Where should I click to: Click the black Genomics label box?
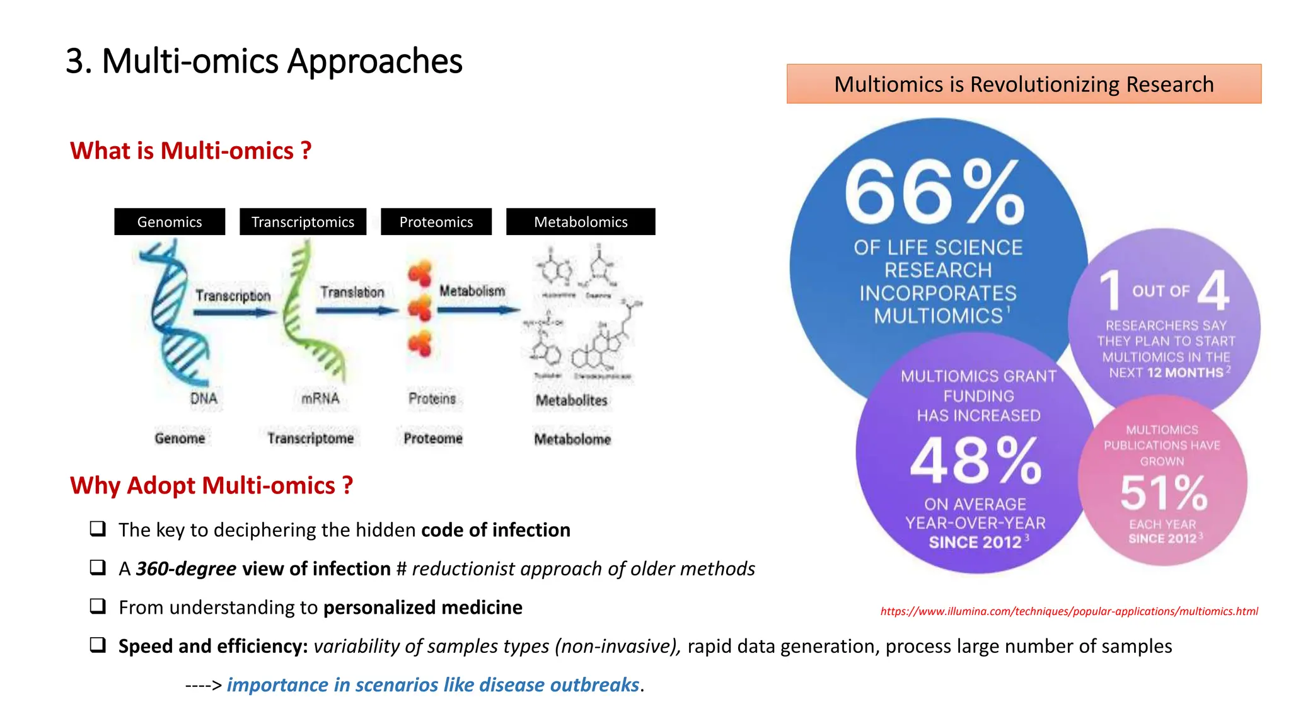170,222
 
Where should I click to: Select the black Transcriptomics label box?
303,222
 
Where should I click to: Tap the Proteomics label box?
436,222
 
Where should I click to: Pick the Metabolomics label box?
581,222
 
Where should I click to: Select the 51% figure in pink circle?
1164,493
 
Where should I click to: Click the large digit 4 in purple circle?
1213,291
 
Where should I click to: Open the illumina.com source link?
1069,611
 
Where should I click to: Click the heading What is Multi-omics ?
190,151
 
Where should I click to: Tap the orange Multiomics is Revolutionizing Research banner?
1024,84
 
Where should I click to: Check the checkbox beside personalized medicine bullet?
98,606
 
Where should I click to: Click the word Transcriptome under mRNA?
310,438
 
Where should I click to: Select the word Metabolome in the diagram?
572,439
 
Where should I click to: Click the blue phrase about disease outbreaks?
433,685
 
